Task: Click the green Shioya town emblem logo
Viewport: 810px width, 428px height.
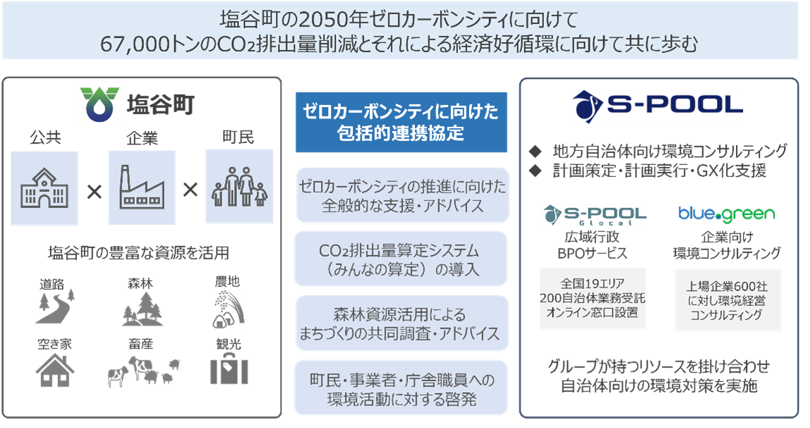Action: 99,106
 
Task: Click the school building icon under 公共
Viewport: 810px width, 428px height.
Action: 45,187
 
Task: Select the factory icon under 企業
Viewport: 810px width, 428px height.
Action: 141,187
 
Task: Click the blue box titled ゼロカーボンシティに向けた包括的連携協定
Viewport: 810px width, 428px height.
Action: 401,121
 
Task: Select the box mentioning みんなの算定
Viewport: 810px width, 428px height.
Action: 401,259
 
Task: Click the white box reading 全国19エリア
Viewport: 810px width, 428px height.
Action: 593,298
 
